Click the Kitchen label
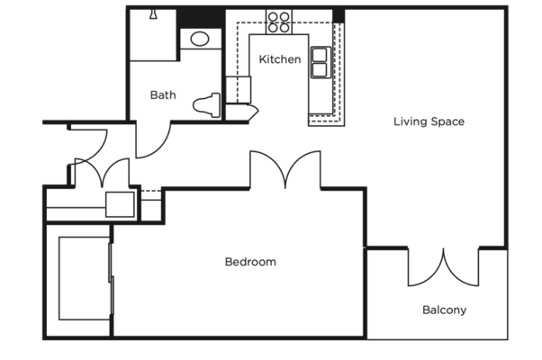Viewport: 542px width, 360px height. tap(279, 59)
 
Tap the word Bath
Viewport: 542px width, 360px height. tap(163, 94)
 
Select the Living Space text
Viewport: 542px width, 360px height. tap(429, 121)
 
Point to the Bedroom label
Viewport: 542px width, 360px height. tap(249, 262)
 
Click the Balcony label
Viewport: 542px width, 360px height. tap(444, 310)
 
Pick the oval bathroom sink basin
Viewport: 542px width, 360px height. tap(198, 39)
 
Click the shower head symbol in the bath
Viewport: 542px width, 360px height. tap(153, 14)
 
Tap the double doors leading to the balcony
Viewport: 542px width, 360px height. tap(444, 270)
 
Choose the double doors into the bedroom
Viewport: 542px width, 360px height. tap(285, 171)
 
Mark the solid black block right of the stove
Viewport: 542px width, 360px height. tap(339, 15)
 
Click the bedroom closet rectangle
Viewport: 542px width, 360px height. tap(84, 279)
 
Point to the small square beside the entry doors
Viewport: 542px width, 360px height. tap(119, 206)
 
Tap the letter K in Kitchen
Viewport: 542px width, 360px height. tap(262, 59)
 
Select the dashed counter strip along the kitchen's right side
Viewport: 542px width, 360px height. tap(340, 72)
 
